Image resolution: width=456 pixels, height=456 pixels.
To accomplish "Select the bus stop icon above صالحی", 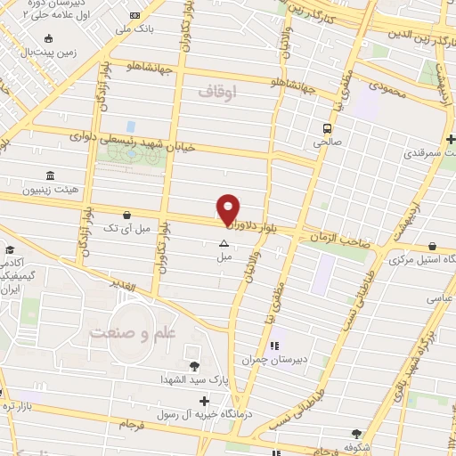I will click(327, 126).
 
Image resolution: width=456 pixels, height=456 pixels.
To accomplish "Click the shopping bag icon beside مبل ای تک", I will click(128, 215).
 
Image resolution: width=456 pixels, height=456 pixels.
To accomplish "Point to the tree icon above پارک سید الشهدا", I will click(193, 365).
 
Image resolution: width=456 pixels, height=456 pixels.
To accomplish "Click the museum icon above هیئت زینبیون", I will click(48, 175).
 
